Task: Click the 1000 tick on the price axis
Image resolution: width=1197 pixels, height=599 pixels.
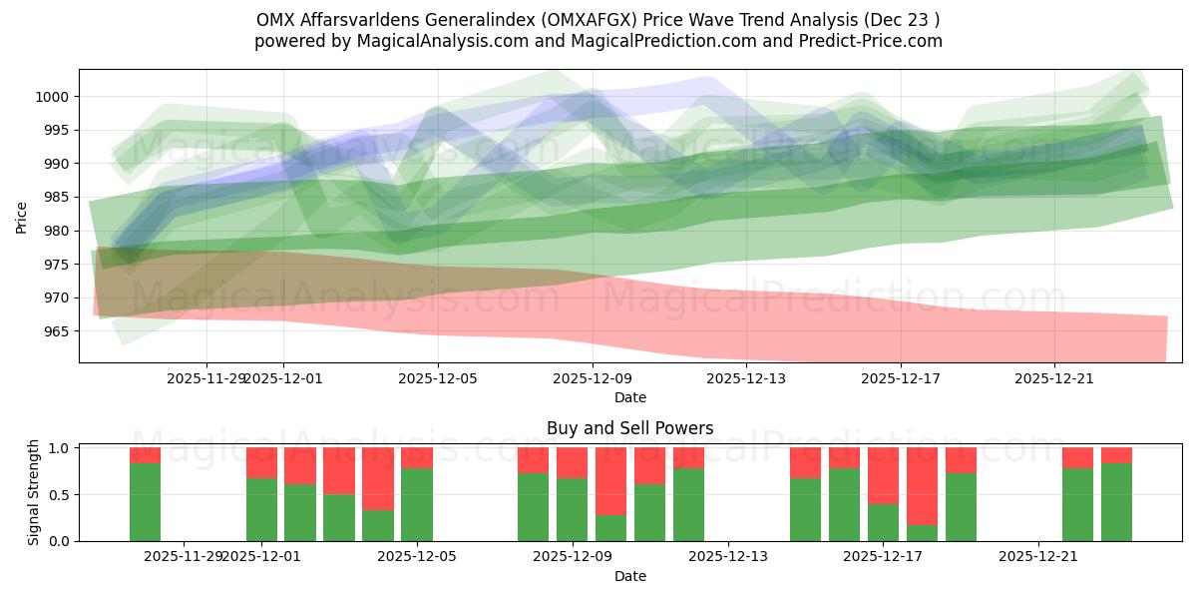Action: [55, 97]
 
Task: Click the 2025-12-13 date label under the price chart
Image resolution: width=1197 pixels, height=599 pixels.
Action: [747, 378]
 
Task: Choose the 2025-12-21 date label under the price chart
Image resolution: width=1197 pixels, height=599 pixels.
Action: [1055, 378]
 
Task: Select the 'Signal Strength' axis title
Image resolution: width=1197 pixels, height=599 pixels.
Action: [34, 492]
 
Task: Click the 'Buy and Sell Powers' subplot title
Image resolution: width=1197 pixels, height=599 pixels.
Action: [629, 428]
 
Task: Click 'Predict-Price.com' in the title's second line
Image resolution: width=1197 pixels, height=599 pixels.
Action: [875, 41]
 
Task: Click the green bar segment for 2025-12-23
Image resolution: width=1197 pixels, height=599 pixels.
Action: [1116, 502]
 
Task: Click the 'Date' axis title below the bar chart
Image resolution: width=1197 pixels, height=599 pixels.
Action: [629, 576]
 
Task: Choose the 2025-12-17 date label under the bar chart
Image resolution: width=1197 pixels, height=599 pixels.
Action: [884, 557]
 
